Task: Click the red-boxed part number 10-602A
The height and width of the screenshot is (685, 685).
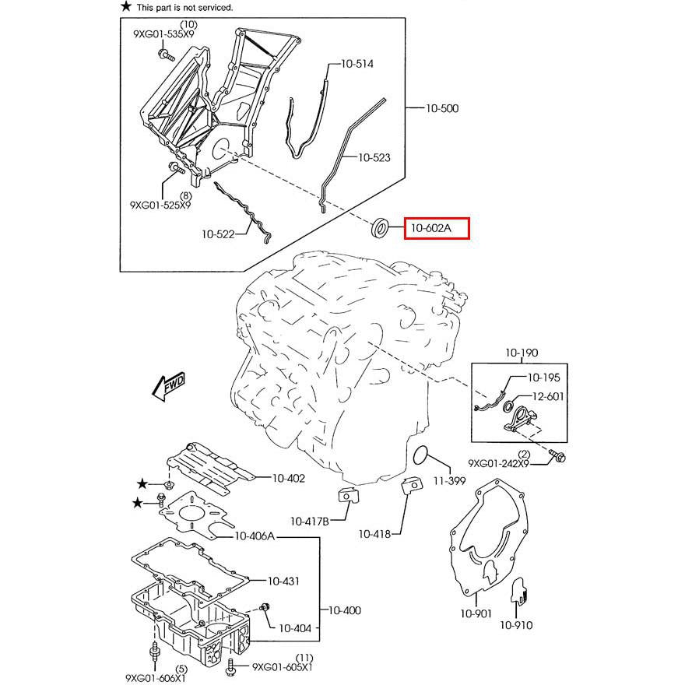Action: coord(437,229)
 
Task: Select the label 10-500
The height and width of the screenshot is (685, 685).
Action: coord(441,108)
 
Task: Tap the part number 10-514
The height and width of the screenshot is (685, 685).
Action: coord(356,64)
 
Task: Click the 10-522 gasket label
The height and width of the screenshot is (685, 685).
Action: coord(219,233)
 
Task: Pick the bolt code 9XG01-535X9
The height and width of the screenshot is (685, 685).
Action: coord(165,35)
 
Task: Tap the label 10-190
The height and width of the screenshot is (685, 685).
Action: coord(522,353)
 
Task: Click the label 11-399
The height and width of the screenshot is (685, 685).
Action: coord(449,481)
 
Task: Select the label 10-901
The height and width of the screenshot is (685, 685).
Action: coord(476,613)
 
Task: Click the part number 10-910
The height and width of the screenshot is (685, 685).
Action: coord(516,624)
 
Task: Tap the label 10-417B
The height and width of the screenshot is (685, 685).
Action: coord(310,521)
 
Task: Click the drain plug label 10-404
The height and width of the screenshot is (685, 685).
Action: coord(295,627)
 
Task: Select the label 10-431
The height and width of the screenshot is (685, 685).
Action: coord(284,581)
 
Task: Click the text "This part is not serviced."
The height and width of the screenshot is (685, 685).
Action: coord(184,7)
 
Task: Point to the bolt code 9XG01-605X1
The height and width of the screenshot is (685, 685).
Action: coord(282,667)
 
